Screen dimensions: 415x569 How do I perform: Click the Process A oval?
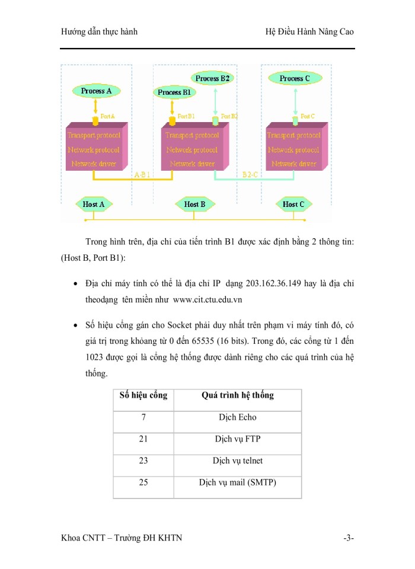[96, 91]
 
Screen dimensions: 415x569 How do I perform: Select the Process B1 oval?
[174, 92]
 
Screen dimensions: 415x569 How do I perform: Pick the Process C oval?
[295, 78]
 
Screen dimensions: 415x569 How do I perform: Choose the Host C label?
[294, 204]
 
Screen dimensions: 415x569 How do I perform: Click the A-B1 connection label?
[143, 174]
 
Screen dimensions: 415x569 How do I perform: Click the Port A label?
[108, 116]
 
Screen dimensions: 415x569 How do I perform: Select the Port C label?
[308, 116]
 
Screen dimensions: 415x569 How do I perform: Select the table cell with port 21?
[143, 439]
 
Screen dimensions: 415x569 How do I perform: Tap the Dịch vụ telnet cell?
[238, 461]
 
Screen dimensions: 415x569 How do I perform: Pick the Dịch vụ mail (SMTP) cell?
[238, 482]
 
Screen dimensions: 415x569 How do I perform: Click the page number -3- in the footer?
[348, 538]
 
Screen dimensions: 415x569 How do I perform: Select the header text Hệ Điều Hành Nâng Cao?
[309, 31]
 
